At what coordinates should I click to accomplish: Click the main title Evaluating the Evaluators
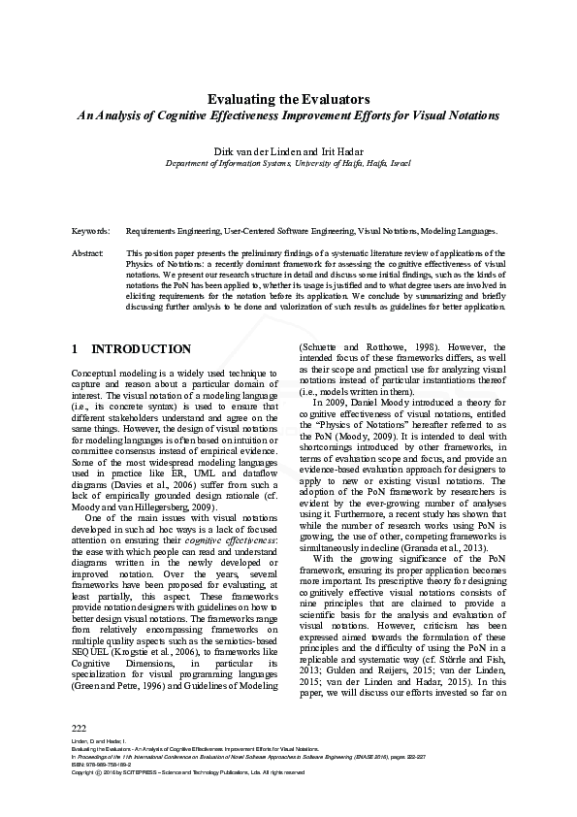pos(288,99)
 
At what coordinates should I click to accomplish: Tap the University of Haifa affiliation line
pos(288,164)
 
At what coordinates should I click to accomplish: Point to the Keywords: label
pos(90,233)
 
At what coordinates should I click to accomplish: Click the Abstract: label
pos(88,252)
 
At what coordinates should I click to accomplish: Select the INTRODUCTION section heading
pos(141,349)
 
